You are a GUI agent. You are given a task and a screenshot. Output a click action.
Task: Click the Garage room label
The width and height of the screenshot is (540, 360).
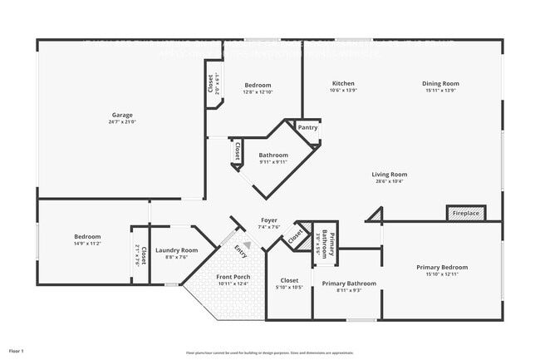[x=122, y=115]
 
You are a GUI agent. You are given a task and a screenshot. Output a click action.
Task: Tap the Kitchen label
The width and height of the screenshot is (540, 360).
[x=344, y=83]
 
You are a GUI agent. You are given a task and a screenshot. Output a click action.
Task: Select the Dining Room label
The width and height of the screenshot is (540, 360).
[x=440, y=83]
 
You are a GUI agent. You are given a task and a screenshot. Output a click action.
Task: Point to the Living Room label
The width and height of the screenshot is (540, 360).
[x=389, y=175]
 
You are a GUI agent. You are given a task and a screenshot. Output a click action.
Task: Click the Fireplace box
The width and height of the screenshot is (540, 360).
[x=465, y=214]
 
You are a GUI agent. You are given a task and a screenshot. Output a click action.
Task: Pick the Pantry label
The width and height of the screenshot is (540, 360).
[x=307, y=127]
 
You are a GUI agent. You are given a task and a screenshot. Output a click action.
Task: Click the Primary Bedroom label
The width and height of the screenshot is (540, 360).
[x=442, y=267]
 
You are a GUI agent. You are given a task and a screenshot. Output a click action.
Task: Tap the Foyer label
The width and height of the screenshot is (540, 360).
[x=269, y=220]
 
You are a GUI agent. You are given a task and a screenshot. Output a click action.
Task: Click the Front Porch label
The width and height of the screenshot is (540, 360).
[x=233, y=277]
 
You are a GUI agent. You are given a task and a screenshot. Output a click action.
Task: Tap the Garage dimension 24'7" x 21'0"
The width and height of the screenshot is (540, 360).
[x=122, y=122]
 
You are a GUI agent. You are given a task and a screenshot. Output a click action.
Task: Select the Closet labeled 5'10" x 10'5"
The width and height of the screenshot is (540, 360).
[x=289, y=280]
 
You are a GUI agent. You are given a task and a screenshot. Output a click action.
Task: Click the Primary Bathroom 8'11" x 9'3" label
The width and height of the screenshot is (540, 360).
[x=349, y=284]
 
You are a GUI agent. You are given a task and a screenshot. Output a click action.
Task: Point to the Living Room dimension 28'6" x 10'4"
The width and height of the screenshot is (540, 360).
[x=389, y=181]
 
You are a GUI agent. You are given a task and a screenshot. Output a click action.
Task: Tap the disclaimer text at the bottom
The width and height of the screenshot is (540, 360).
[x=269, y=353]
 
